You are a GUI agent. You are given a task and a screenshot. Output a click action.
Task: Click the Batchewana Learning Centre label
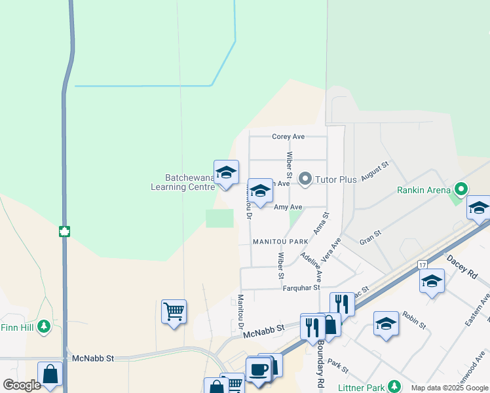pos(183,182)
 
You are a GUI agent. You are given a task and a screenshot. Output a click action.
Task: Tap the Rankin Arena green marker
pos(461,190)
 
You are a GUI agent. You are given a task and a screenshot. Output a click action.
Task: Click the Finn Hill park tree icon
pos(44,326)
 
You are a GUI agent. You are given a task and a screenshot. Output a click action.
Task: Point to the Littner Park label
pos(360,388)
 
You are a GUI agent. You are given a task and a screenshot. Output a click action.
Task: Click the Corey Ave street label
pos(288,136)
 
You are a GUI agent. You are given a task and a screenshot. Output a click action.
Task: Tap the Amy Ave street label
pos(288,207)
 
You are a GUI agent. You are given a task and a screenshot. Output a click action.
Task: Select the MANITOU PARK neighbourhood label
pos(280,242)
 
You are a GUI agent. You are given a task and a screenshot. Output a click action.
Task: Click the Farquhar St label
pos(301,288)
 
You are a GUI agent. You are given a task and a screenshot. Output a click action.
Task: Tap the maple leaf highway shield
pos(64,231)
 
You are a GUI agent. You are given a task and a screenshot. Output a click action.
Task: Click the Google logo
pos(22,385)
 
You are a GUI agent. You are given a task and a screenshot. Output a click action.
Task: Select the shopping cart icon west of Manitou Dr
pos(174,311)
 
